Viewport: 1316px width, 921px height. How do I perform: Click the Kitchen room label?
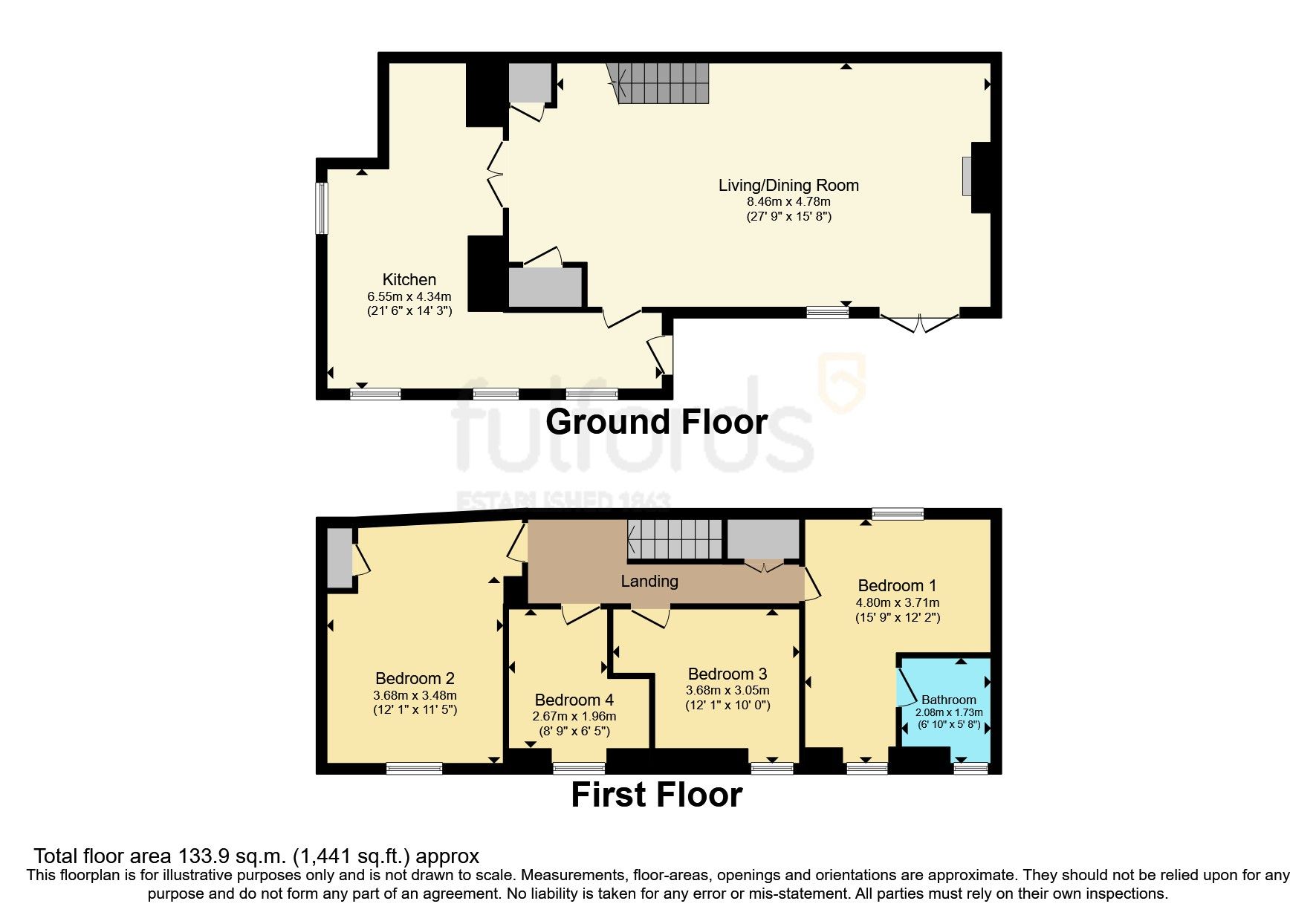pos(409,280)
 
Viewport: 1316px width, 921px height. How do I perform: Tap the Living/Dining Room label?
pos(788,186)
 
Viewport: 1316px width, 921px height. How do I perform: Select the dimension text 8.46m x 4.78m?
pos(788,201)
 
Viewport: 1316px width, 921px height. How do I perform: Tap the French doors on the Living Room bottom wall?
pos(919,323)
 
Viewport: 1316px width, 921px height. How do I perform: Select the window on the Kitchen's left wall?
pos(321,208)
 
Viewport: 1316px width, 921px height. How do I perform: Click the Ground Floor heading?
pos(656,422)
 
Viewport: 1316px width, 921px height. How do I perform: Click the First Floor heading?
pos(656,795)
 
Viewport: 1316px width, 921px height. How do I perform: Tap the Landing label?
pos(649,581)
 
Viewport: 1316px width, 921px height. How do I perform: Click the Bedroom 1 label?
pos(897,585)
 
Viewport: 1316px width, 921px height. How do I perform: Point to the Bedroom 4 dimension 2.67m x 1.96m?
pos(574,717)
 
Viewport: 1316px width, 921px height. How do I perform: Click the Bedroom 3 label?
pos(727,674)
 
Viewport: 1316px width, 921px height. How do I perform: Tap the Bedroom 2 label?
pos(415,678)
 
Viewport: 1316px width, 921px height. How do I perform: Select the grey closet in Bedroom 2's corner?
pos(340,558)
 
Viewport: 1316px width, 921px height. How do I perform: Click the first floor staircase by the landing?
pos(675,539)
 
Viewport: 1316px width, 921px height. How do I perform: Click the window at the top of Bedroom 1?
pos(898,513)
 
